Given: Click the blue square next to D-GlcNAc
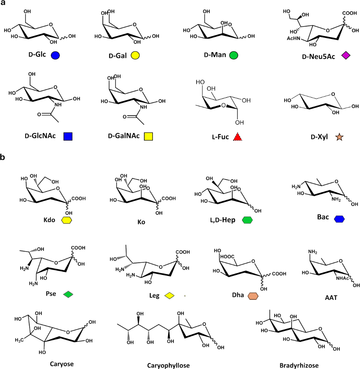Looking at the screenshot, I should tap(68, 137).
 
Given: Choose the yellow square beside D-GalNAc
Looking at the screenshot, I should tap(149, 137).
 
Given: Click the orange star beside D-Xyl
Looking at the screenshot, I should tap(339, 137).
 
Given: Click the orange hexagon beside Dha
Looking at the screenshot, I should tap(253, 295).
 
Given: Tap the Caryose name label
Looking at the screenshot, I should tap(62, 364).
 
